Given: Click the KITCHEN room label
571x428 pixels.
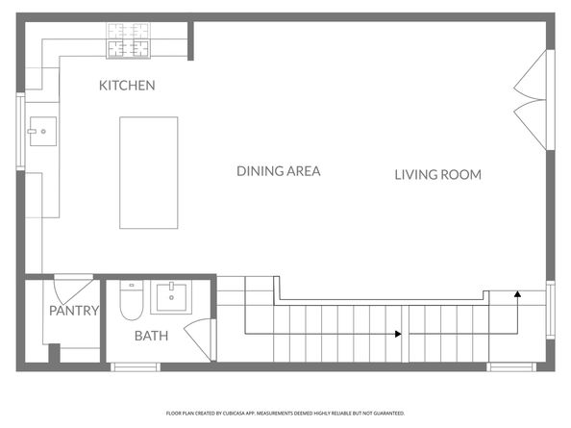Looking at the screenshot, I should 127,86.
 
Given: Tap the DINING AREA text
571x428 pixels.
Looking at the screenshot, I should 278,171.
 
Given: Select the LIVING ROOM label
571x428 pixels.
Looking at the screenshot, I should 437,174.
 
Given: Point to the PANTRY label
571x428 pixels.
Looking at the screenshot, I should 74,311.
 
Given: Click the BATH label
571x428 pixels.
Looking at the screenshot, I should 151,336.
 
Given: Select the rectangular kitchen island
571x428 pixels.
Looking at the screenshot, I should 148,173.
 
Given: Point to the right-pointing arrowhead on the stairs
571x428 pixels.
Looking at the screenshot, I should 397,334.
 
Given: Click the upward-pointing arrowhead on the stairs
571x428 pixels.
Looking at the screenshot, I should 517,295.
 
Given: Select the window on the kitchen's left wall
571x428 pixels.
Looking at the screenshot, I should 21,133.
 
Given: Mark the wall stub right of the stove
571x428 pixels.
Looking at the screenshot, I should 192,39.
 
